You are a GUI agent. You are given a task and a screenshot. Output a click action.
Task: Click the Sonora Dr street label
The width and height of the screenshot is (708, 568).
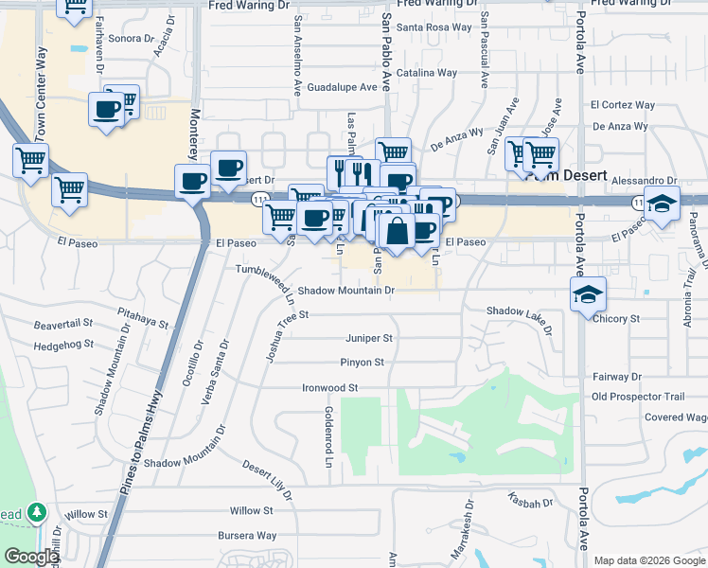(x=131, y=39)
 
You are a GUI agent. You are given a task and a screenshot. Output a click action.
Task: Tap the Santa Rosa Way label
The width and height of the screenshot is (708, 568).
(x=434, y=27)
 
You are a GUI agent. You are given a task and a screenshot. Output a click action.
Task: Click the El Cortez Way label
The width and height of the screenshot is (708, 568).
(x=622, y=105)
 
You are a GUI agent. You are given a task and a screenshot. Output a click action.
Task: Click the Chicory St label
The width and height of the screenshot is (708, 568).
(x=616, y=319)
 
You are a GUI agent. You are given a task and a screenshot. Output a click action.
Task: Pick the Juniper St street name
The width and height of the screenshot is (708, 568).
(x=369, y=338)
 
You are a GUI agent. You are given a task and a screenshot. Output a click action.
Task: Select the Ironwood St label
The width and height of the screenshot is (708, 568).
(x=329, y=388)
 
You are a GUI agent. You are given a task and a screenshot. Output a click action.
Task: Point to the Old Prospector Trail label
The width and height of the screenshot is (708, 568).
(x=637, y=397)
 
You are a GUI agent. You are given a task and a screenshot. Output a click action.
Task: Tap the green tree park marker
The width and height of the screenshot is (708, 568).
(x=37, y=512)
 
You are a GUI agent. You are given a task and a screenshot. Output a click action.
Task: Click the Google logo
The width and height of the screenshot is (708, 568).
(x=31, y=558)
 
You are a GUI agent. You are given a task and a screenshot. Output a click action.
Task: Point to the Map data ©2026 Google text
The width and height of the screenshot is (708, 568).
(x=648, y=560)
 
